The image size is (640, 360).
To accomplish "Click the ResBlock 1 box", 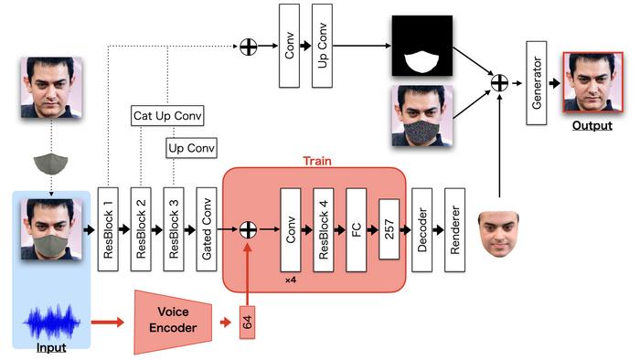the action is (x=108, y=229).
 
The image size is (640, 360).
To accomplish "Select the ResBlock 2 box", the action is (x=141, y=229).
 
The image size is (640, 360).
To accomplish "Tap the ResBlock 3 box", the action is (x=174, y=229).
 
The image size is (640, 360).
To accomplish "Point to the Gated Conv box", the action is (x=207, y=229).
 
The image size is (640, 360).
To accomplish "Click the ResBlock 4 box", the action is (x=324, y=230).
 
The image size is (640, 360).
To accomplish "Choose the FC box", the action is (x=356, y=230).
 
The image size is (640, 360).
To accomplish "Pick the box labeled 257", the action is (x=389, y=229).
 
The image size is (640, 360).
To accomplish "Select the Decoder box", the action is (x=422, y=230).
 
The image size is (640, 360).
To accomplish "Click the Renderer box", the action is (x=454, y=230).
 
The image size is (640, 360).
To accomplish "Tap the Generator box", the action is (x=537, y=83).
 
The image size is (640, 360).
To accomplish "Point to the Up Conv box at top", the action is (x=322, y=46).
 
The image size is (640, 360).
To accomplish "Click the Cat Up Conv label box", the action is (x=167, y=116).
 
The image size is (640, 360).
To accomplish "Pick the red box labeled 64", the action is (x=247, y=323).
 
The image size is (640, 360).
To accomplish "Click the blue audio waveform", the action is (x=51, y=323).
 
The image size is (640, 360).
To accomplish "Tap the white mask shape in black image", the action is (x=421, y=62).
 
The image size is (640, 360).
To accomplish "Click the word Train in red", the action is (x=317, y=161).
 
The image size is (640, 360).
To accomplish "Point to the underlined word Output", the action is (x=592, y=125).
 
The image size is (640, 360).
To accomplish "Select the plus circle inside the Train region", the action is (x=248, y=229).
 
